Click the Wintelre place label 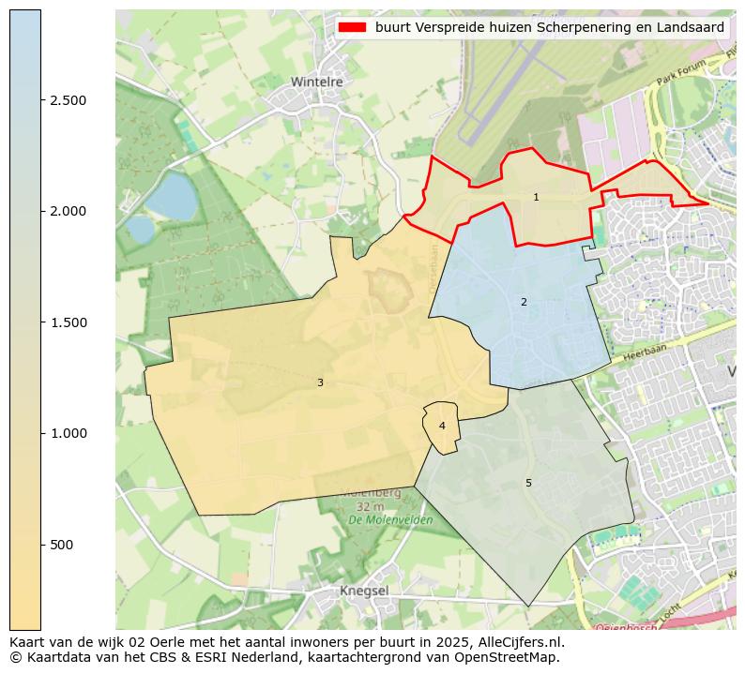click(316, 82)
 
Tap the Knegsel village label click(364, 591)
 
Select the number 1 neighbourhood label click(536, 197)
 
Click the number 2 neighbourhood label click(524, 302)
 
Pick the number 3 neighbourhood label click(320, 382)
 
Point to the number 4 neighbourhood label click(442, 426)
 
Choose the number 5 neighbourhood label click(528, 483)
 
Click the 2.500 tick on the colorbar click(68, 100)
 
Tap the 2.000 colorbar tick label click(68, 211)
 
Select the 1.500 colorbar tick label click(68, 322)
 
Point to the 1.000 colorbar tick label click(68, 433)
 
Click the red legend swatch click(353, 28)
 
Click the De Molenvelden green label click(390, 519)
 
